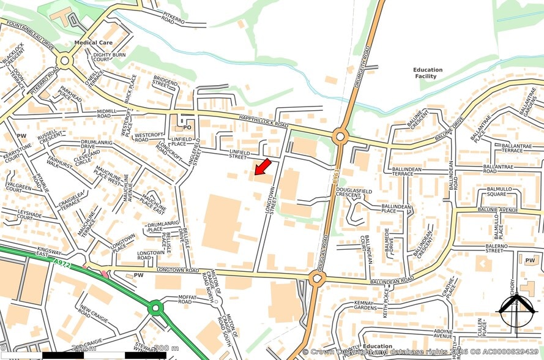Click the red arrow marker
(263, 167)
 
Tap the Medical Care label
(94, 43)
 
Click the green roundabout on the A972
(156, 307)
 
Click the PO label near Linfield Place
(187, 127)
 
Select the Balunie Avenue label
(501, 211)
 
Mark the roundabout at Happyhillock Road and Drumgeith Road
(340, 136)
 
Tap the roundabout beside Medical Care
(64, 59)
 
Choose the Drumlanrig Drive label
(97, 144)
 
